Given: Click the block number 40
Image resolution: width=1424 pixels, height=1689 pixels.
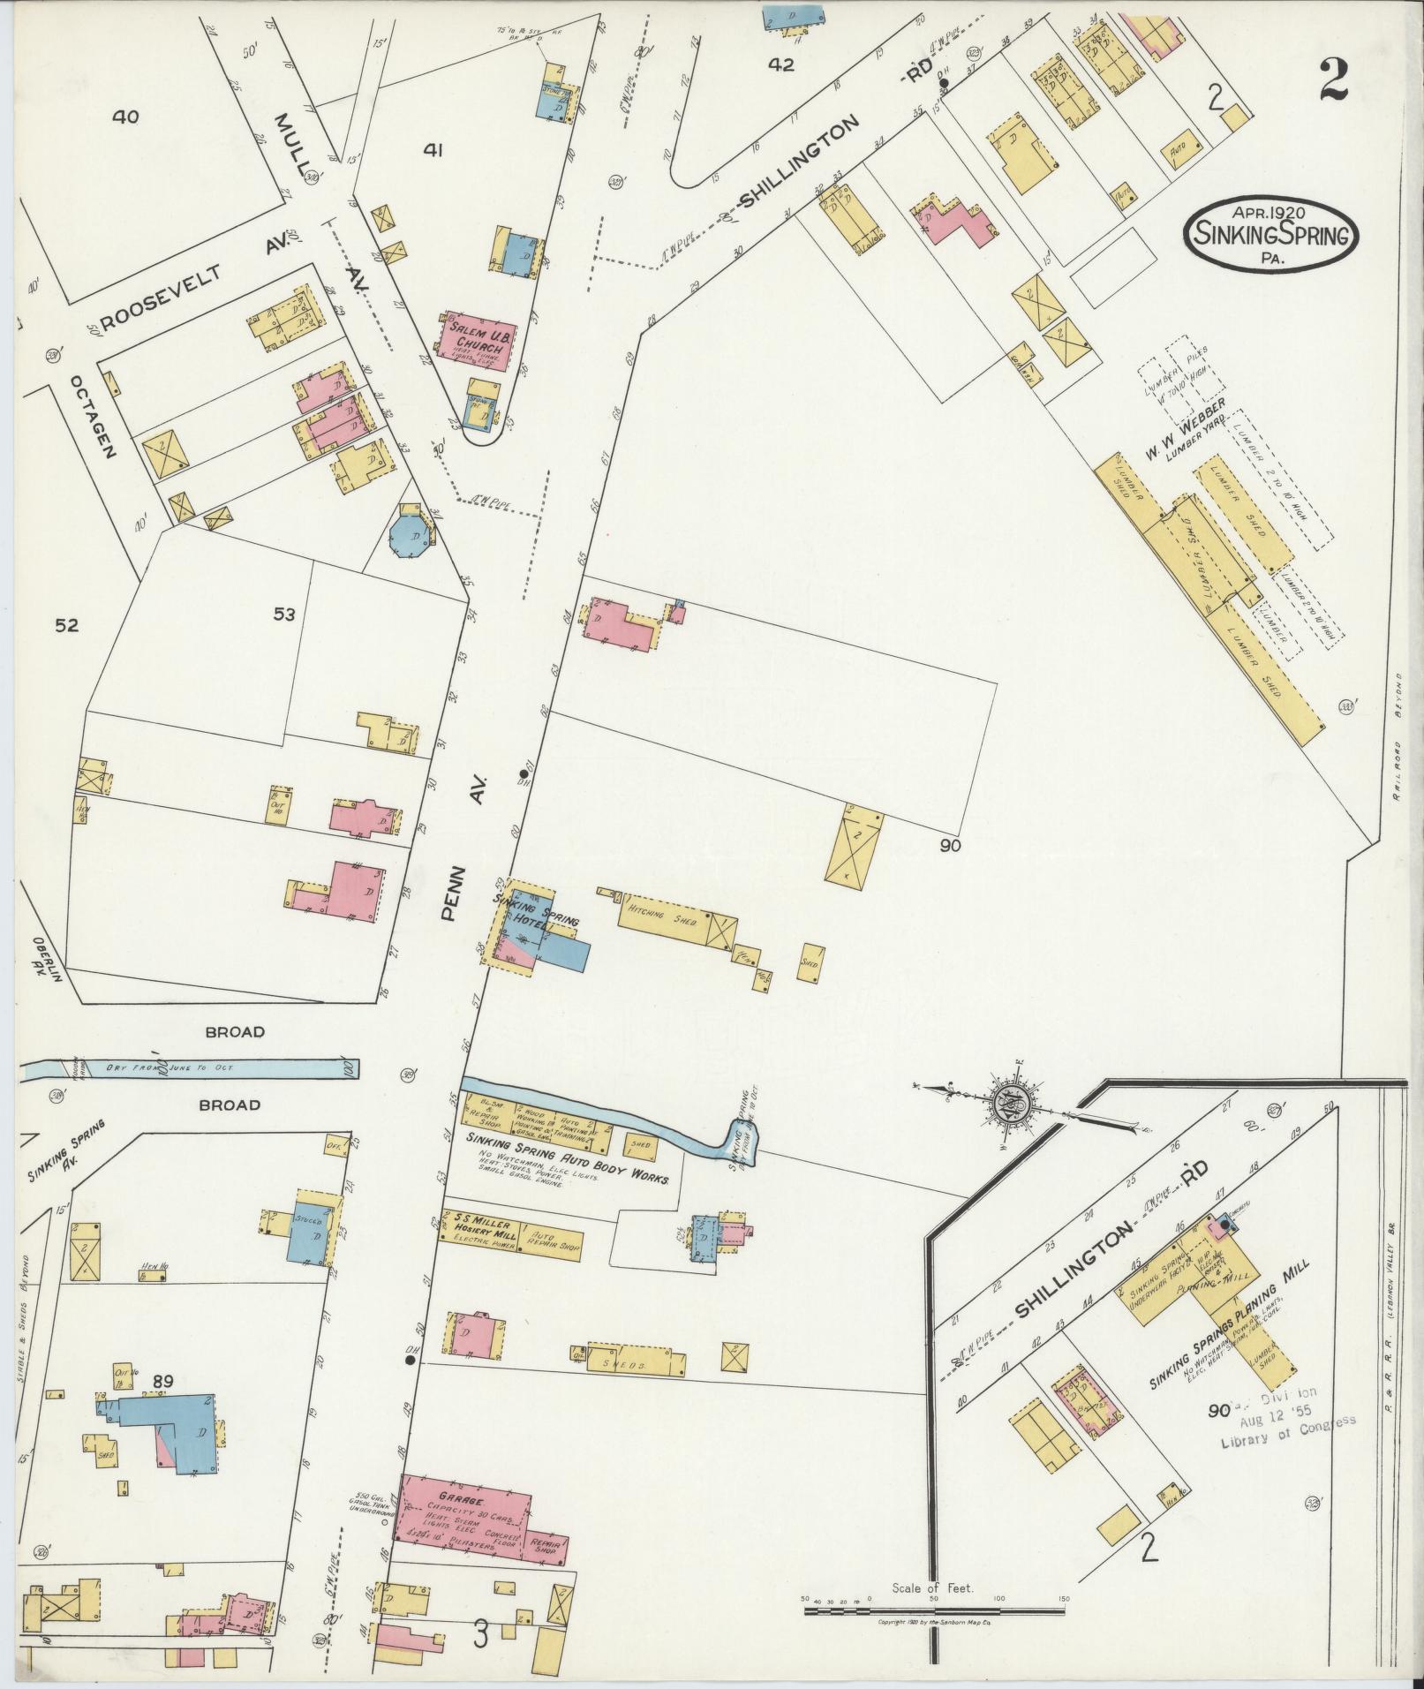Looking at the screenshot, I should point(125,116).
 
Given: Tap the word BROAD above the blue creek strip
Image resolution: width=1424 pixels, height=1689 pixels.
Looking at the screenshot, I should point(234,1031).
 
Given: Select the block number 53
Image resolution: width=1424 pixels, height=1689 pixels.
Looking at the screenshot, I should point(283,615).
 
